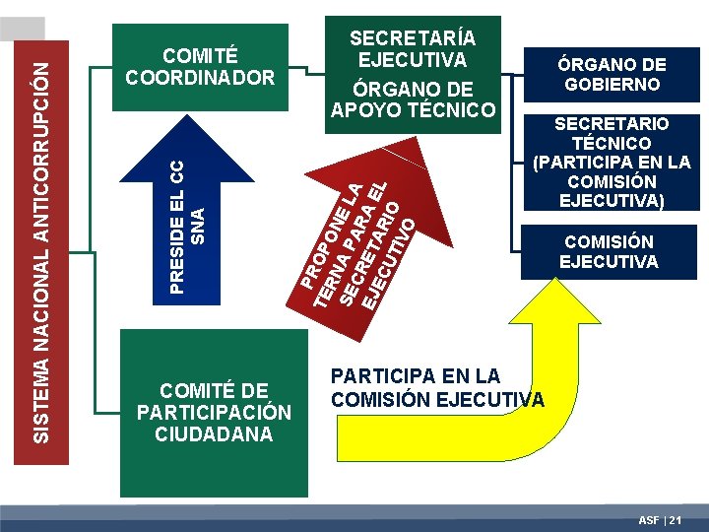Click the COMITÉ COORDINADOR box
(200, 63)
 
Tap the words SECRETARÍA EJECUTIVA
(413, 48)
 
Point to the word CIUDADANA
(214, 433)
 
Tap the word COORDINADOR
(200, 77)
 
